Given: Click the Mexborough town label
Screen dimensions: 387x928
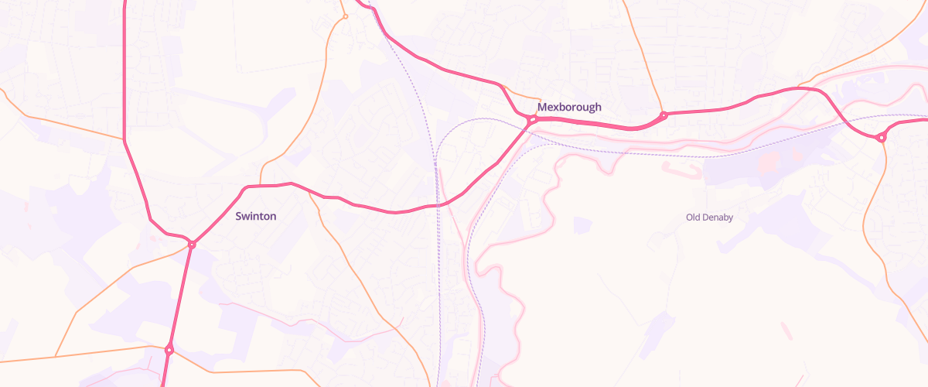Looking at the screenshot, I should click(569, 108).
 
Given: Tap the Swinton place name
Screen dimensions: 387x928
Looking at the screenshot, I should click(255, 217).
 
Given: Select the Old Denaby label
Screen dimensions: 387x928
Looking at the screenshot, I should click(709, 217).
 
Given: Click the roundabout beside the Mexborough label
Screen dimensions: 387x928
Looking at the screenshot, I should click(533, 120).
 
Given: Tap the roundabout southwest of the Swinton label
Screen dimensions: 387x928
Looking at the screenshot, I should click(191, 245).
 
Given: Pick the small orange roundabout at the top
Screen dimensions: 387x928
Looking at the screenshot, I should click(345, 16).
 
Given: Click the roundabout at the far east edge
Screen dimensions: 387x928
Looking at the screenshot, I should click(880, 138).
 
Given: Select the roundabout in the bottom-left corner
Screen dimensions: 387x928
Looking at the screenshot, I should click(169, 350).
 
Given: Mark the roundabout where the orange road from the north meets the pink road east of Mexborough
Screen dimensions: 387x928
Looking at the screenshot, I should click(664, 116).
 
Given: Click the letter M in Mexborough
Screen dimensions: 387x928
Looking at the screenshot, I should click(542, 108).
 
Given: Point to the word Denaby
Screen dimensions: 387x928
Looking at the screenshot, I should click(718, 217).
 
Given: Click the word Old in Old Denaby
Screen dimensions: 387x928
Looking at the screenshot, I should click(693, 217).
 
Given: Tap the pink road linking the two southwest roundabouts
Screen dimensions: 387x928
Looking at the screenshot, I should click(180, 297).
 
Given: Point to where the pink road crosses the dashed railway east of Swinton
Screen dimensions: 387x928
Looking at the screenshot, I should click(437, 204).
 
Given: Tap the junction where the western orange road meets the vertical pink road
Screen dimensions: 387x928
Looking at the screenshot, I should click(125, 140).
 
